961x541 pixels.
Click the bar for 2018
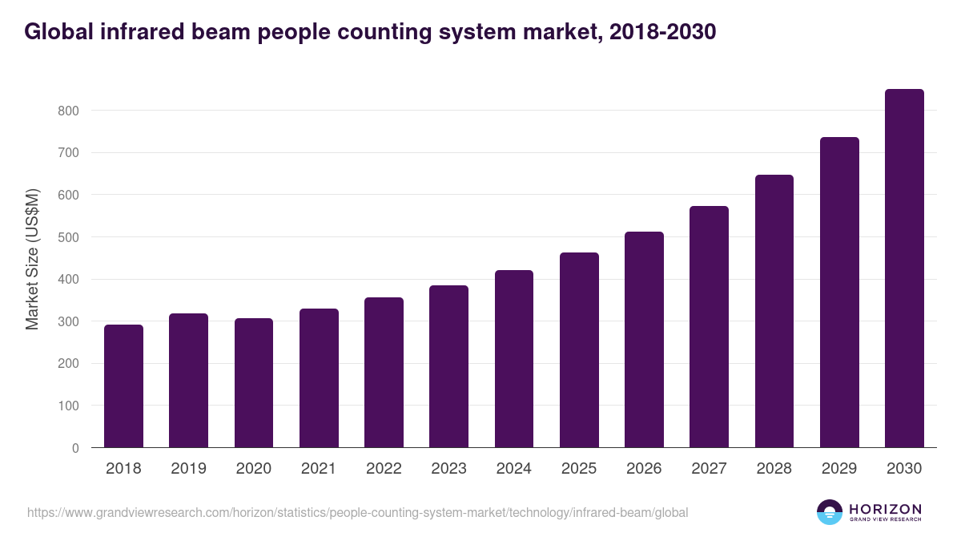(123, 386)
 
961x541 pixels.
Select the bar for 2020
(254, 383)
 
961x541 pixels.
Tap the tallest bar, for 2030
(904, 268)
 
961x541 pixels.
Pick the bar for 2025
(579, 350)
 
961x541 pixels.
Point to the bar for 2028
(774, 311)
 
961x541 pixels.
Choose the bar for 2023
(448, 366)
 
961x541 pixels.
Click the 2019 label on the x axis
(188, 469)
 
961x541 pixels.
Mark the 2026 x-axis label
(644, 469)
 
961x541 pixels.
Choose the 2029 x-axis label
(839, 469)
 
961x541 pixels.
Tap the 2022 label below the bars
(384, 469)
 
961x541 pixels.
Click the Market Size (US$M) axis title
(32, 258)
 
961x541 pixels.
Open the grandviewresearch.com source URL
(357, 512)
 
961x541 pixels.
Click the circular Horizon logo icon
(830, 512)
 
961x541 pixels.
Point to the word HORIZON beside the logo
(885, 508)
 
